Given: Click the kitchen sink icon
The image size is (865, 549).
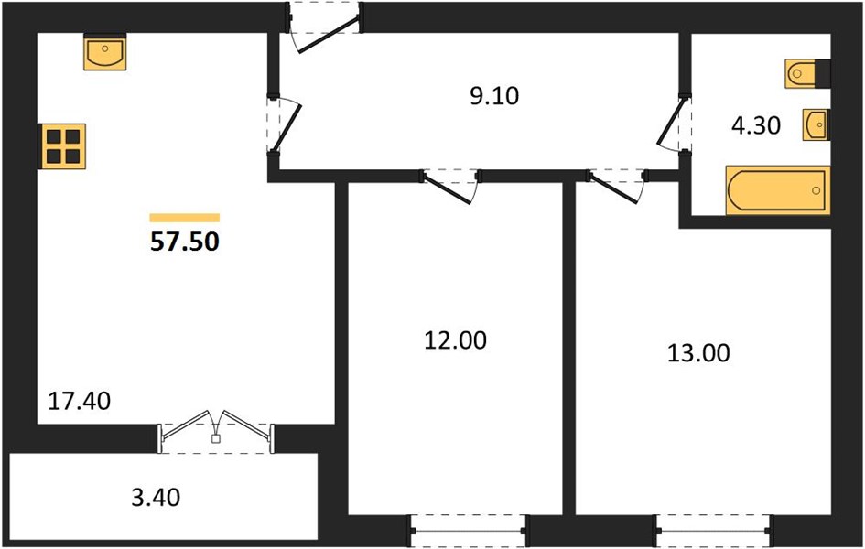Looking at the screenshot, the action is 105,52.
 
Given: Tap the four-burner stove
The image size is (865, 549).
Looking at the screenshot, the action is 62,146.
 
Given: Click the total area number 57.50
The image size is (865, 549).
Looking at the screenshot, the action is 185,242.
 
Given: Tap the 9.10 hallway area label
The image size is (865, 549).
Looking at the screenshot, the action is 494,96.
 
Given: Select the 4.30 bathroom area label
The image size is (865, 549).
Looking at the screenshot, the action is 756,125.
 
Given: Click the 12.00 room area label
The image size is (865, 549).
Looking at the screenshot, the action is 455,340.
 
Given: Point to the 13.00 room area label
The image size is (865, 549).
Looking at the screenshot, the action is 698,353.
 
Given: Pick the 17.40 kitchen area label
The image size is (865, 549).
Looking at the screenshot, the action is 80,401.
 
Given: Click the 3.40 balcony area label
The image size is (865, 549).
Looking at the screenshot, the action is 157,497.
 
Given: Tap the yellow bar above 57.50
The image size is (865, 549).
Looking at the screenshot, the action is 185,218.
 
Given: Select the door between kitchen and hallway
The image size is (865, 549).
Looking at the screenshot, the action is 284,125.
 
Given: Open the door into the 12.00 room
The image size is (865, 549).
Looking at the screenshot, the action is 450,187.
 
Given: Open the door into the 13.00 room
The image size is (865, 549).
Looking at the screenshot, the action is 617,187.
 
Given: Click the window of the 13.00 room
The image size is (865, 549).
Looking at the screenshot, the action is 714,531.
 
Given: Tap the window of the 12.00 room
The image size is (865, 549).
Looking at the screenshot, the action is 468,531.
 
